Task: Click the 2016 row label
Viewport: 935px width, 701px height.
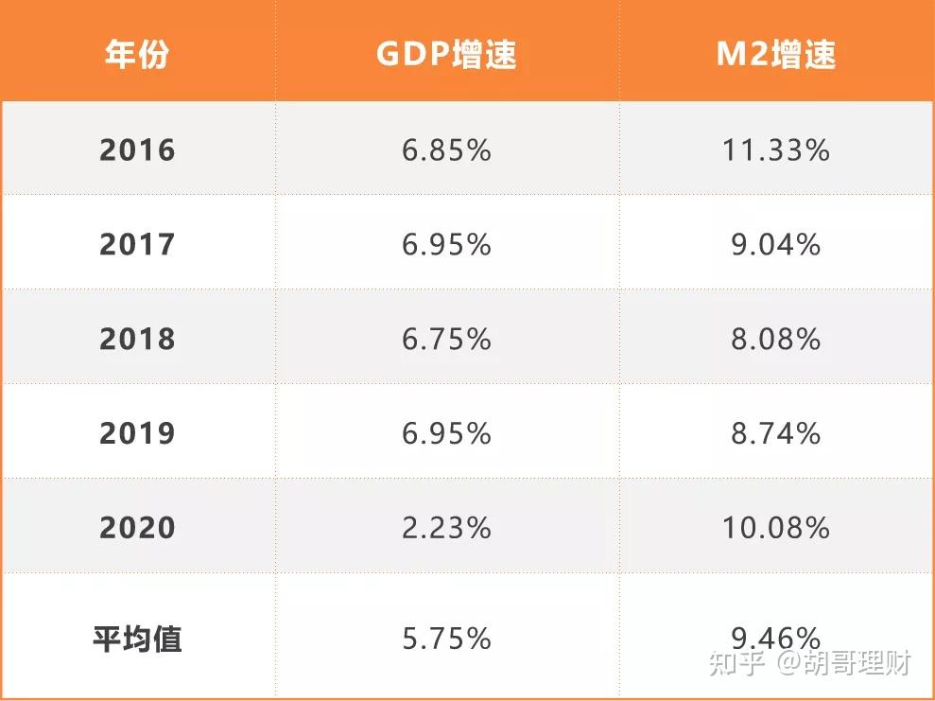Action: coord(137,150)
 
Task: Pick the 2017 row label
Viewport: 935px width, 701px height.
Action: coord(137,245)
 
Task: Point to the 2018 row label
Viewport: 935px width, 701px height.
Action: coord(137,340)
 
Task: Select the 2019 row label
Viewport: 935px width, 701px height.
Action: coord(137,433)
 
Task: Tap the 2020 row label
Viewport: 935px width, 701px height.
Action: coord(137,528)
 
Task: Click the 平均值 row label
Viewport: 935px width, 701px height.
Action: coord(137,639)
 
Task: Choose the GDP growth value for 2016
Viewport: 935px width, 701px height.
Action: coord(446,150)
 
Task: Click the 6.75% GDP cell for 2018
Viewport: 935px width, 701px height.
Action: coord(446,340)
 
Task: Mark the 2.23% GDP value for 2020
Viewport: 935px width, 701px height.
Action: coord(446,528)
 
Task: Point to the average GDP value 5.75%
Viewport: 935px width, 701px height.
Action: coord(446,639)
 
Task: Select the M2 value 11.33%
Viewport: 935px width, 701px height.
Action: coord(775,150)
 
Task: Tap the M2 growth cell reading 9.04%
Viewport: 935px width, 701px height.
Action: coord(775,245)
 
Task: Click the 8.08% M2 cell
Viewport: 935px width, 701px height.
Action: coord(775,340)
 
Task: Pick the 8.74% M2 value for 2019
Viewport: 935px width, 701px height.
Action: coord(775,433)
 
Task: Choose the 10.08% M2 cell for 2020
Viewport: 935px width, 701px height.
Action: coord(775,528)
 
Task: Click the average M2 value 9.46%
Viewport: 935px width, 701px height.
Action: coord(775,636)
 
